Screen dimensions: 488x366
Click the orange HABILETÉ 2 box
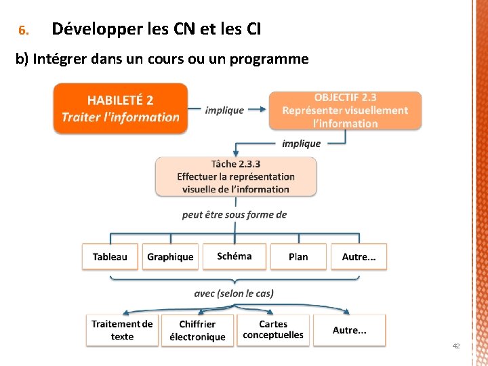[121, 108]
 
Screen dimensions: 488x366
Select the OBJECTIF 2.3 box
[345, 110]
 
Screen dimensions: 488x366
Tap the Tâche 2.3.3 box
[235, 176]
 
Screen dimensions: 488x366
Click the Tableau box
[110, 257]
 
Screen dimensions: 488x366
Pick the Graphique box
[170, 257]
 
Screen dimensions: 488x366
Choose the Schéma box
[235, 256]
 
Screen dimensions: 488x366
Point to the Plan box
[298, 257]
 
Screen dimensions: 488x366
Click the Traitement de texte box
[122, 330]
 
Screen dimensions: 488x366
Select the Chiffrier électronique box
[197, 331]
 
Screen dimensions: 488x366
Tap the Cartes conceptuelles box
[273, 330]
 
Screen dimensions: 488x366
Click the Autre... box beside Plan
[359, 257]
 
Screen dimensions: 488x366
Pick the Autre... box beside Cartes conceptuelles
[350, 330]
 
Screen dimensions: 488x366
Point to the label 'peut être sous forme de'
[235, 215]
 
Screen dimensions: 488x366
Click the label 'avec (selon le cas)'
[234, 293]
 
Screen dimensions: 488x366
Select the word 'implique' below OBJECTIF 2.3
[301, 144]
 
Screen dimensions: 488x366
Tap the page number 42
[456, 346]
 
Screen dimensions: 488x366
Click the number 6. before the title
[22, 31]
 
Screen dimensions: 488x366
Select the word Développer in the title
[96, 29]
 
